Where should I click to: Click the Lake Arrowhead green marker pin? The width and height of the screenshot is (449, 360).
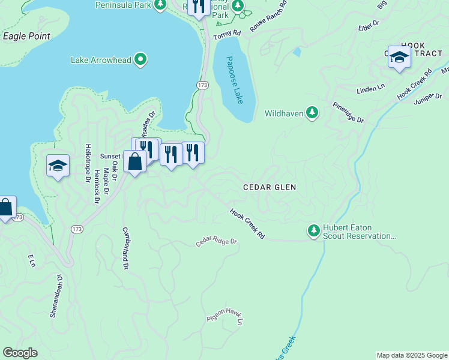tap(140, 59)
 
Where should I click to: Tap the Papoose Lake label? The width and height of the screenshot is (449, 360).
tap(235, 80)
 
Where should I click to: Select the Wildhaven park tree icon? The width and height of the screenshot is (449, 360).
tap(312, 112)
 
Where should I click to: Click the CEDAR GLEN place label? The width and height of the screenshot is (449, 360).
tap(270, 187)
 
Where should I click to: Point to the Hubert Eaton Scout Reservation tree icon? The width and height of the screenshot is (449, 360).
tap(313, 230)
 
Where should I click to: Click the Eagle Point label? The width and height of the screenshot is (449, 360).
tap(26, 36)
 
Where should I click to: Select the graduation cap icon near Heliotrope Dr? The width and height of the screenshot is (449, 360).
tap(58, 166)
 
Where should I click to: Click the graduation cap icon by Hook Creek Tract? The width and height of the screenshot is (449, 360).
tap(399, 57)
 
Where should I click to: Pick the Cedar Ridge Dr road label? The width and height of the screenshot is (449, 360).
tap(217, 242)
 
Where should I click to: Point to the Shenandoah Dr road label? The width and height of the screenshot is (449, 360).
tap(56, 295)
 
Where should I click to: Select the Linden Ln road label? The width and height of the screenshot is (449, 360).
tap(370, 88)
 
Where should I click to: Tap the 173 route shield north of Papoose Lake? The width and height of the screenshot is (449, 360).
tap(202, 86)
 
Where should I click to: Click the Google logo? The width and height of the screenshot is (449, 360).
tap(20, 353)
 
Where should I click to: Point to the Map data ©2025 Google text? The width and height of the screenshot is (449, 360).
tap(412, 355)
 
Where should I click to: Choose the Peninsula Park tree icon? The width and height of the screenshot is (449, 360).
tap(160, 5)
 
